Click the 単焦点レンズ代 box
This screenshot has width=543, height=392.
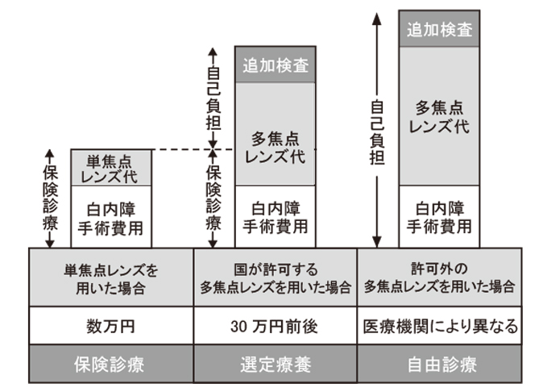click(111, 168)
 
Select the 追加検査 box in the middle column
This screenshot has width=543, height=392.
click(275, 65)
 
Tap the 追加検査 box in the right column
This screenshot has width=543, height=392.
click(439, 29)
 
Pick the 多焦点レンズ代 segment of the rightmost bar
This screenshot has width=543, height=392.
click(439, 116)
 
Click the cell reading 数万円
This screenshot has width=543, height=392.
click(111, 327)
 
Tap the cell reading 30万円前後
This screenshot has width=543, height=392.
click(275, 327)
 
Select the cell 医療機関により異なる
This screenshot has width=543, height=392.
click(439, 327)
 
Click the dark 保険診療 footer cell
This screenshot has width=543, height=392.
click(111, 364)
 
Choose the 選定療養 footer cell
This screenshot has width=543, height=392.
click(275, 364)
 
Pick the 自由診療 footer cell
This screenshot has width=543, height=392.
click(439, 364)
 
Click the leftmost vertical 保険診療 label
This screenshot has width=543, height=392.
click(48, 198)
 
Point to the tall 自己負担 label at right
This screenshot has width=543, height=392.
click(376, 133)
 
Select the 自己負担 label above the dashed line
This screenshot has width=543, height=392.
click(213, 97)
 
